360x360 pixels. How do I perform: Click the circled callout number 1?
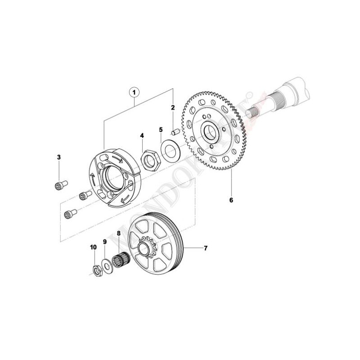click(134, 92)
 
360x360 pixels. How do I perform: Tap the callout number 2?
click(172, 108)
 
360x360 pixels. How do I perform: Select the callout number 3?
click(58, 157)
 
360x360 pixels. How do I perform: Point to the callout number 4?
click(142, 135)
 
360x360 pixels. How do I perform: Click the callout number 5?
click(161, 130)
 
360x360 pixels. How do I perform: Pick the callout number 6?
click(231, 200)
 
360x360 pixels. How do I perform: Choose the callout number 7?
click(206, 248)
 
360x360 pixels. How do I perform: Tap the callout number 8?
click(119, 234)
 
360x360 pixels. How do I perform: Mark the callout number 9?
click(105, 242)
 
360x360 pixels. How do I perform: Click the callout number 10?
click(93, 247)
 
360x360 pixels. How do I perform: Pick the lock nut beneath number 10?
click(96, 270)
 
